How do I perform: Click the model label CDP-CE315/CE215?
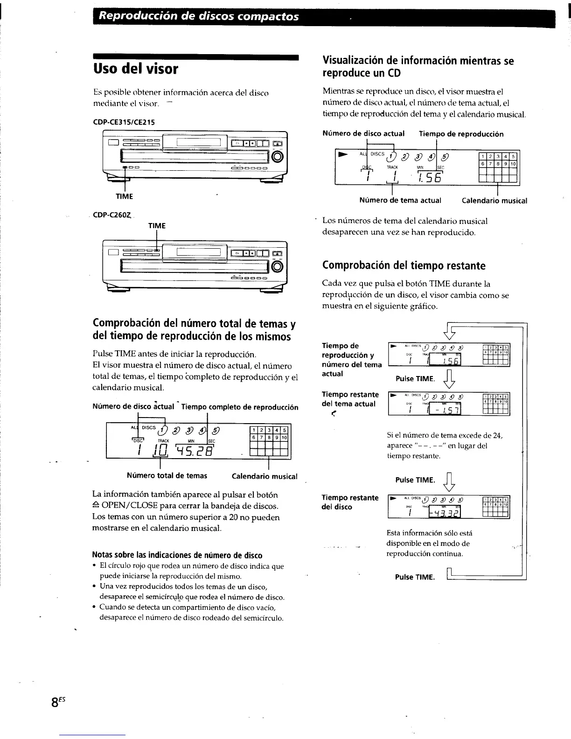(x=124, y=122)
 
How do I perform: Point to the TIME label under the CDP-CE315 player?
(x=125, y=196)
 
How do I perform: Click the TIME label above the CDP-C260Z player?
(x=157, y=226)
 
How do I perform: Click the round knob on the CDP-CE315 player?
(x=277, y=156)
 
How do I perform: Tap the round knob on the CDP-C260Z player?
(x=277, y=266)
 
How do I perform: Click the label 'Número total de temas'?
(x=167, y=476)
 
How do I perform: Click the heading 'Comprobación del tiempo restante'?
(x=404, y=266)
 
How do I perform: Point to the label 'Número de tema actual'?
(x=400, y=201)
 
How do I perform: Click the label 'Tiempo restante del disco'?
(x=350, y=502)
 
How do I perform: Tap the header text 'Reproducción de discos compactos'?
(x=199, y=17)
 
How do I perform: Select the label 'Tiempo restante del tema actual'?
(x=350, y=399)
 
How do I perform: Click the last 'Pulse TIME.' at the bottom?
(x=415, y=577)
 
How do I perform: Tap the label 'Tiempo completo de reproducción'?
(x=240, y=407)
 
